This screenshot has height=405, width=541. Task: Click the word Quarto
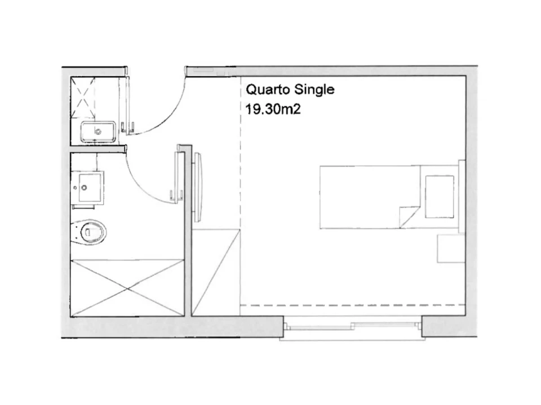point(268,90)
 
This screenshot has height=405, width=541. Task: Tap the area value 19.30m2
point(273,110)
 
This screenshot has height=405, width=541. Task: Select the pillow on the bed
point(439,197)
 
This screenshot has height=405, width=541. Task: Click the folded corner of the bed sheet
point(409,217)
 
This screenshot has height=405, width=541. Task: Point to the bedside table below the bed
point(451,248)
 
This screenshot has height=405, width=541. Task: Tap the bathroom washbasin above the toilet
point(88,188)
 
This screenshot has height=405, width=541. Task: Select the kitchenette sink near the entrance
point(97,132)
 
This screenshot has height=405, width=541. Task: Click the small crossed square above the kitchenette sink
point(83,93)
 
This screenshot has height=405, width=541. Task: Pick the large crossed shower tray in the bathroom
point(127,288)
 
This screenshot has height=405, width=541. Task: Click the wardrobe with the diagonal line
point(216,272)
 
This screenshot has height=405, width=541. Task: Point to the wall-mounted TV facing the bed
point(198,187)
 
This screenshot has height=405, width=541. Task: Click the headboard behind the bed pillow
point(462,195)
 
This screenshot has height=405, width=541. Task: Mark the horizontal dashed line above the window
point(353,305)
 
